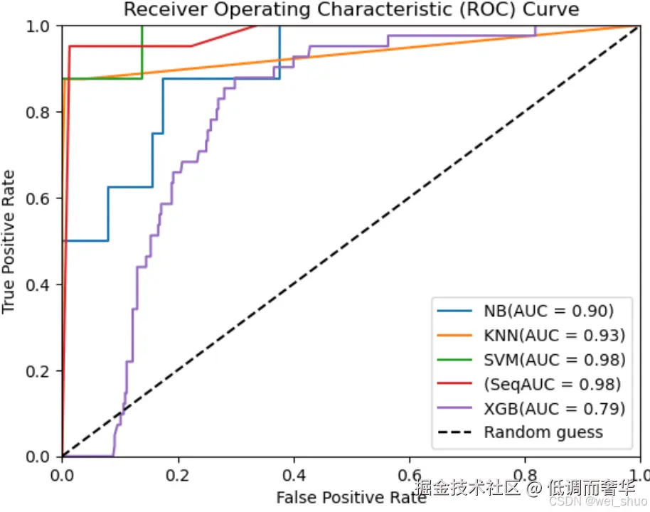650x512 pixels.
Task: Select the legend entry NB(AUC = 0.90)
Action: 548,311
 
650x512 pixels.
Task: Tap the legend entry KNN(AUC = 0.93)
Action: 554,335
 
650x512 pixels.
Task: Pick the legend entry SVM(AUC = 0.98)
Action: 554,359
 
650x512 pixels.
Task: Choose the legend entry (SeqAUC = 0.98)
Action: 552,384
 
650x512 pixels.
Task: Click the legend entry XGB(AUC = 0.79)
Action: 554,408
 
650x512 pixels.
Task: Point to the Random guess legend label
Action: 543,432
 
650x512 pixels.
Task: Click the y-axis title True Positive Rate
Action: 9,242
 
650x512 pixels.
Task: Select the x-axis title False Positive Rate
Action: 351,497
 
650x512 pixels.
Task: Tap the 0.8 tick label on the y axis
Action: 38,112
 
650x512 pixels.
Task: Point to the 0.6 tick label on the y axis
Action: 38,198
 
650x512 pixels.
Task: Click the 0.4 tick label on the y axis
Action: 38,284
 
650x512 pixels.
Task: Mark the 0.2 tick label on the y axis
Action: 38,370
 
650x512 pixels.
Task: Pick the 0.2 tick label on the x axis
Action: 178,475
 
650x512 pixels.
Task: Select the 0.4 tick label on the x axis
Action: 294,475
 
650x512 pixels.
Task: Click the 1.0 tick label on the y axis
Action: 38,26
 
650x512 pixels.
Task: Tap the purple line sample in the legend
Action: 454,408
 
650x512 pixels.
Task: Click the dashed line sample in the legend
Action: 454,432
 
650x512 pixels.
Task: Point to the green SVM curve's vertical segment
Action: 142,52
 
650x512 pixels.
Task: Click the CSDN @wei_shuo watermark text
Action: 598,501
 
